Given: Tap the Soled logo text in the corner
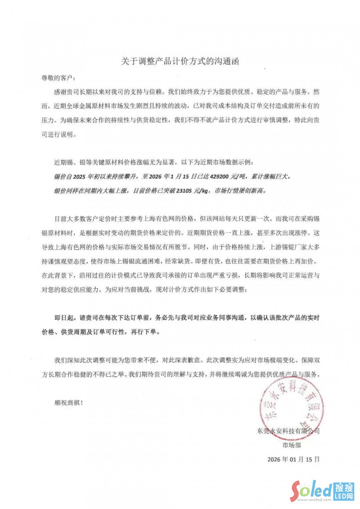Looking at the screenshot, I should tap(310, 491).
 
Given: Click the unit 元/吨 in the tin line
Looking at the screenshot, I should tap(221, 177).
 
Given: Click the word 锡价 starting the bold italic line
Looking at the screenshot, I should tap(59, 177).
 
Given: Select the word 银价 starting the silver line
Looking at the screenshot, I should tap(59, 190).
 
